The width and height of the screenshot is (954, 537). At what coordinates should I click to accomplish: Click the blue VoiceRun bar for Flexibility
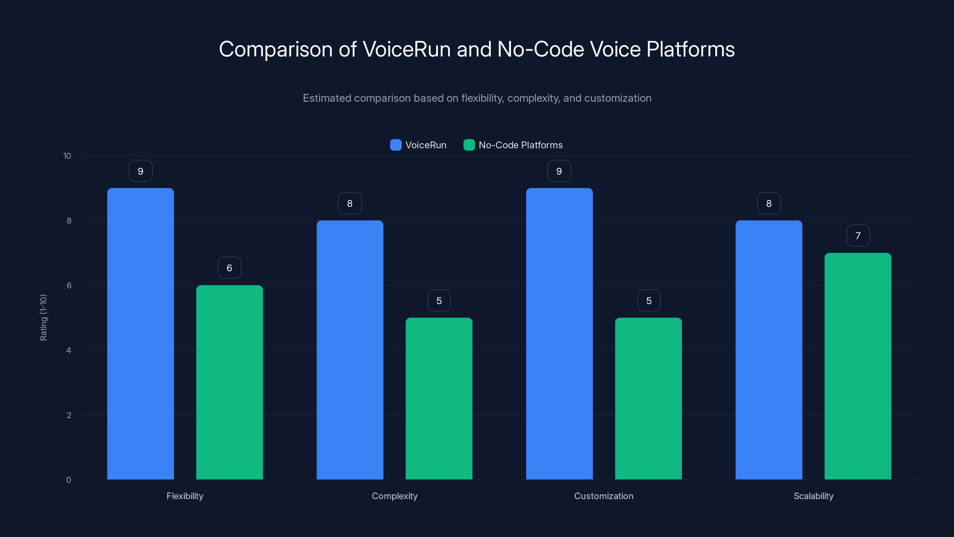140,334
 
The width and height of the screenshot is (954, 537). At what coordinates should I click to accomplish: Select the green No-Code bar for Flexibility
229,382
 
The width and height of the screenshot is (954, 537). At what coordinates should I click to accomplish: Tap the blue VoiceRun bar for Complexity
350,350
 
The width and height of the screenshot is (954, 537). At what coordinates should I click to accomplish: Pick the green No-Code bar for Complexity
439,398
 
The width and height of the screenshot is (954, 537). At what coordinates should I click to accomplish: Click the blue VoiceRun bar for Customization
559,334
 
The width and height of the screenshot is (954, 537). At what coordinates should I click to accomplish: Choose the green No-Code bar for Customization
648,398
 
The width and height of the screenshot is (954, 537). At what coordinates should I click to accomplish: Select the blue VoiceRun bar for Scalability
769,350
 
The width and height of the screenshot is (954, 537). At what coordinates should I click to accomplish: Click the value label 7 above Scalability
858,236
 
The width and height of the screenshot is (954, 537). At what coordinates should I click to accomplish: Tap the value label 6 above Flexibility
229,268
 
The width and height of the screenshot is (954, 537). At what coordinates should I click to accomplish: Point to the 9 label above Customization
559,171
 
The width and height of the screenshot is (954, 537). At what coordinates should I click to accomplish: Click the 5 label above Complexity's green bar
439,300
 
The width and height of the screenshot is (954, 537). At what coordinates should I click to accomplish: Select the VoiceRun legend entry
419,145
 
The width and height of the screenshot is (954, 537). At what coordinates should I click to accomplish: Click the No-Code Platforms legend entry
513,145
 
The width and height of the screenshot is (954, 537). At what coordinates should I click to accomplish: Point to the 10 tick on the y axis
67,156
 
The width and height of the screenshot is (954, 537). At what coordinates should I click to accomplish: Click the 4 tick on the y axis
69,350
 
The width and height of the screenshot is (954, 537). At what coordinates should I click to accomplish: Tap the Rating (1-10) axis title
43,318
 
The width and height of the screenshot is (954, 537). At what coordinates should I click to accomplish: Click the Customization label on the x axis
604,496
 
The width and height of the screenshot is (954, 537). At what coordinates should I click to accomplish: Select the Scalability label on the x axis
813,496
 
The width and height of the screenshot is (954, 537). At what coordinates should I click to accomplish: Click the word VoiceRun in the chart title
406,49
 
